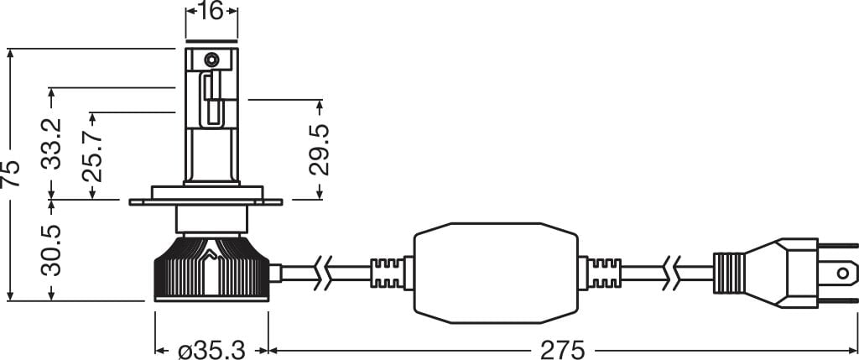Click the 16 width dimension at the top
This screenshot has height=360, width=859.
pyautogui.click(x=211, y=12)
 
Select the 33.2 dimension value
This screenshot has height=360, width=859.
pyautogui.click(x=53, y=143)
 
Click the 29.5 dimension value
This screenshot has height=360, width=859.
pyautogui.click(x=320, y=149)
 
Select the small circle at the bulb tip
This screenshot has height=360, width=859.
pyautogui.click(x=211, y=60)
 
